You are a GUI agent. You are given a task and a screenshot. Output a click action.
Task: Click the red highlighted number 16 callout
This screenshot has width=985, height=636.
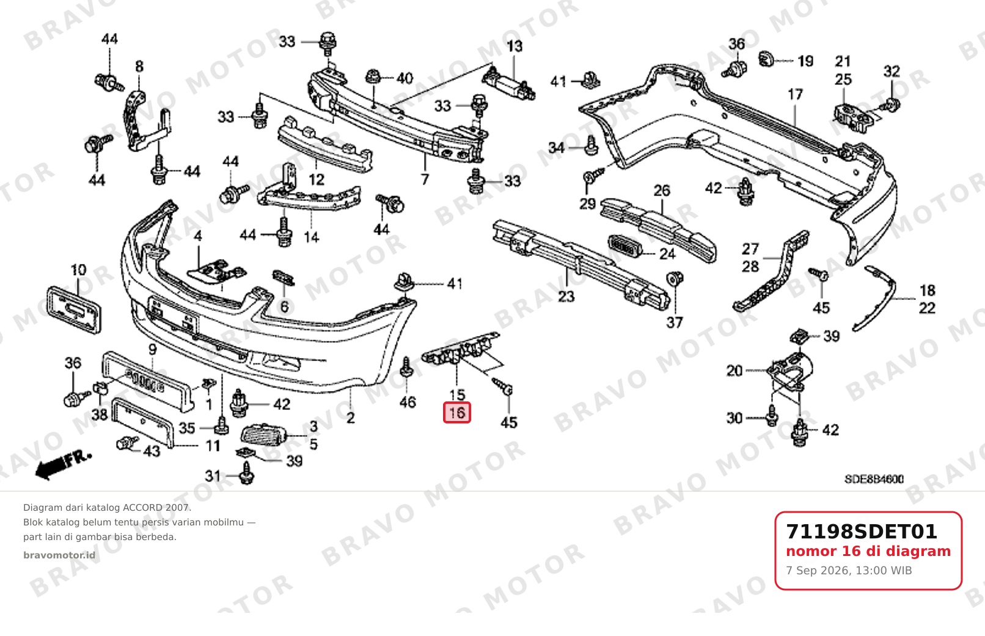[x=457, y=413]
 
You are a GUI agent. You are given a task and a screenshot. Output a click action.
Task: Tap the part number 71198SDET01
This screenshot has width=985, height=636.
[x=862, y=532]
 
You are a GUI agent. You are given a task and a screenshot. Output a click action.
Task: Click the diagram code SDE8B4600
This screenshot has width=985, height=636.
[x=874, y=479]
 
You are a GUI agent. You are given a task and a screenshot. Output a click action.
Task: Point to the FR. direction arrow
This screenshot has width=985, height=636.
[x=64, y=464]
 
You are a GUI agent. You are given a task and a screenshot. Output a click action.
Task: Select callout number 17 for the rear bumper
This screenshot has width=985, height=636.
[x=795, y=95]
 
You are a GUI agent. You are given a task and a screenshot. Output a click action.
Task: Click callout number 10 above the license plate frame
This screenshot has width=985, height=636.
[x=79, y=270]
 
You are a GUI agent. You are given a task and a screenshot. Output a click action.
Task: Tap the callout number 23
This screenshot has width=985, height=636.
[x=566, y=297]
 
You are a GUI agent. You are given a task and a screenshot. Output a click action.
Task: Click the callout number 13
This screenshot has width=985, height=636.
[x=514, y=46]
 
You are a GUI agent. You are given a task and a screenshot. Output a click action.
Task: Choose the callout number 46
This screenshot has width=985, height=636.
[x=408, y=402]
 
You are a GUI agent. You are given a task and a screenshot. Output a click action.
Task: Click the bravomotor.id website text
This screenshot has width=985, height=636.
[x=59, y=555]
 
